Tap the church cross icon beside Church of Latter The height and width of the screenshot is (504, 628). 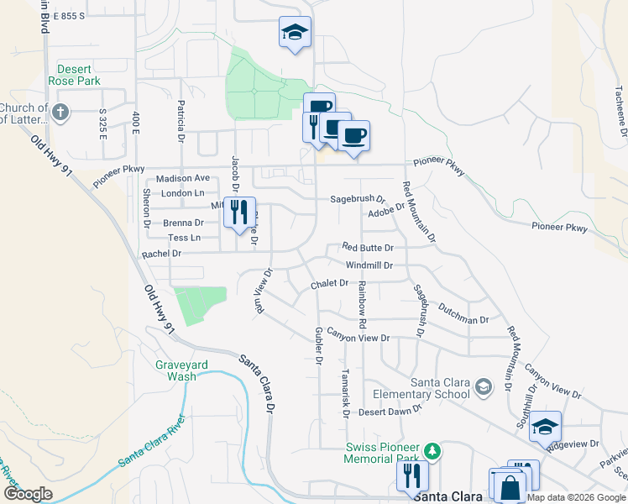click(x=60, y=112)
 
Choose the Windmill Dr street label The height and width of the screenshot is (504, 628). click(x=369, y=265)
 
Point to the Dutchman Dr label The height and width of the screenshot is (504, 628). click(x=463, y=315)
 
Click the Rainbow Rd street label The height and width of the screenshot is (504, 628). click(x=362, y=304)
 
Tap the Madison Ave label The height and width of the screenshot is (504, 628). click(x=182, y=178)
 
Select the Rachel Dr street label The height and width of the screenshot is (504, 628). click(x=161, y=254)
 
